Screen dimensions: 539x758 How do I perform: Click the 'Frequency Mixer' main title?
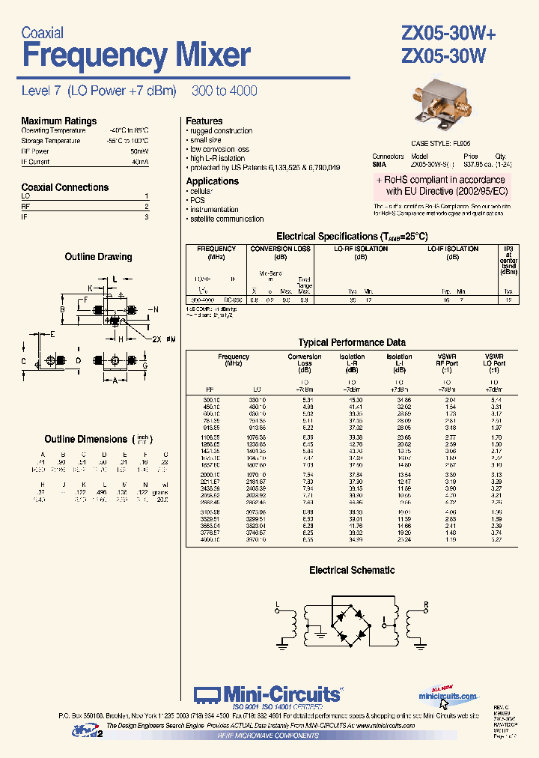tap(135, 56)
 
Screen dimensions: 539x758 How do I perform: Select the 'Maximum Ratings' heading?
tap(58, 121)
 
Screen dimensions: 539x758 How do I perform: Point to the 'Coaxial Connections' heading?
tap(64, 187)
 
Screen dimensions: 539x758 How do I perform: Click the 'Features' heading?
tap(204, 121)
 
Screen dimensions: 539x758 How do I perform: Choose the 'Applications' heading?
tap(212, 181)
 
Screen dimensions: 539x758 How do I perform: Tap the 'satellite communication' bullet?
tap(227, 219)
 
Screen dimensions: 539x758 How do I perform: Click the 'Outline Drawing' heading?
tap(98, 257)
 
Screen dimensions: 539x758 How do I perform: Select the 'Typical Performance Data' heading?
tap(352, 342)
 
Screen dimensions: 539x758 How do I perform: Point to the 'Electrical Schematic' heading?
tap(352, 571)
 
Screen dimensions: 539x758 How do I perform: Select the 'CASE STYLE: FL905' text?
tap(441, 143)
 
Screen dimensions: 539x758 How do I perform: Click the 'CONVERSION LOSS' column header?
tap(280, 249)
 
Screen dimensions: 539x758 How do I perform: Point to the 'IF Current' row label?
tap(35, 162)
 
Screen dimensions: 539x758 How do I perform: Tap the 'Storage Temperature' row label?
tap(51, 141)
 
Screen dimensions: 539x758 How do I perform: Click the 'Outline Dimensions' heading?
tap(85, 439)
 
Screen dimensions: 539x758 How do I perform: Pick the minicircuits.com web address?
tap(448, 696)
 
